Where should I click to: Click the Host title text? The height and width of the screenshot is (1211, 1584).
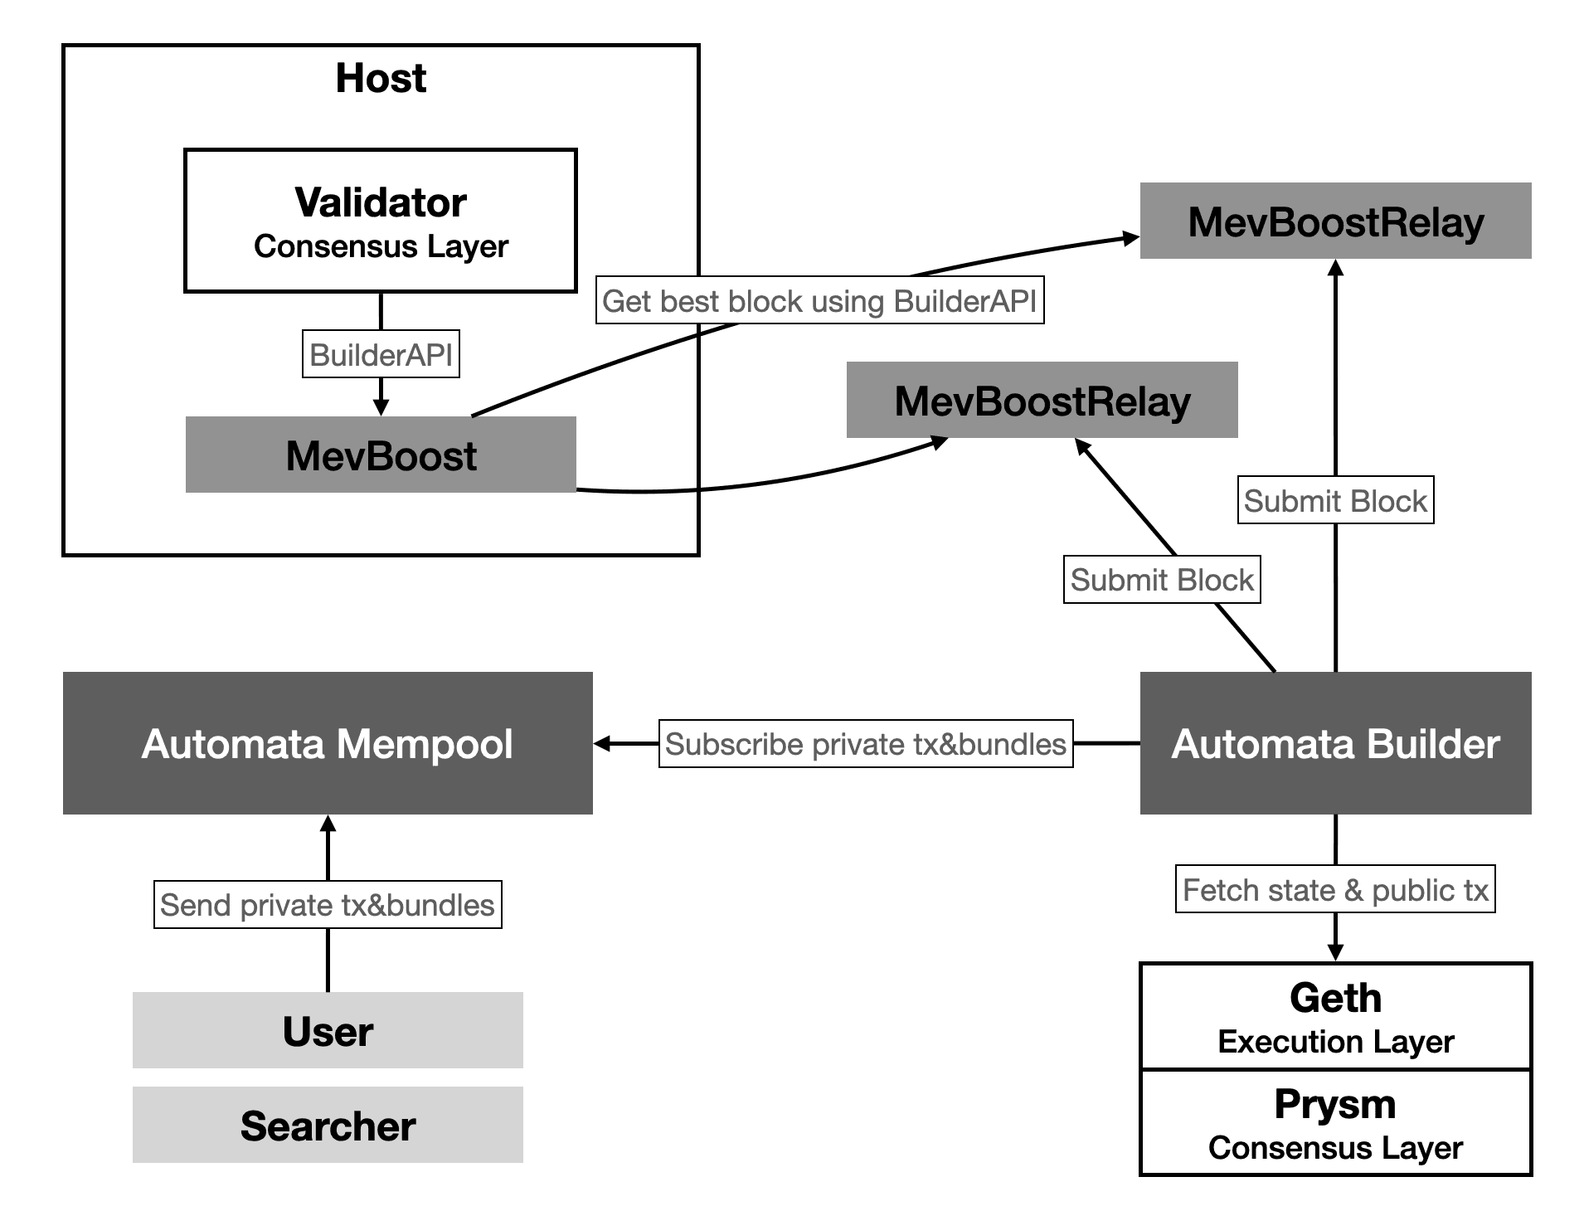[x=381, y=79]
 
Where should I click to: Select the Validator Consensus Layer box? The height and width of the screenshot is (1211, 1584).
[x=381, y=221]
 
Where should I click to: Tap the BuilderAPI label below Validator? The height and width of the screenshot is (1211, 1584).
[x=381, y=355]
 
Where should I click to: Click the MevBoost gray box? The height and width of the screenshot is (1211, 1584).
[x=381, y=455]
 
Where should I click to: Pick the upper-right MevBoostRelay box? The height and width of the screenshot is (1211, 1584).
[x=1335, y=221]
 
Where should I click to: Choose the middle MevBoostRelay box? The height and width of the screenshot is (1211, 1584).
[x=1042, y=401]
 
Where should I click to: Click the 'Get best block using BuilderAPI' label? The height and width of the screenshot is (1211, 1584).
[x=819, y=301]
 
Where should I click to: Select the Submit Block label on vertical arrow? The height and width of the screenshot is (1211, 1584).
[x=1335, y=500]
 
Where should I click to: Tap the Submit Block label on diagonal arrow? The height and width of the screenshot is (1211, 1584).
[x=1162, y=580]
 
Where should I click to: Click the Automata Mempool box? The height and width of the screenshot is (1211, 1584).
[x=328, y=743]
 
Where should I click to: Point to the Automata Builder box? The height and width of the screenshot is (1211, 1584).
[x=1335, y=743]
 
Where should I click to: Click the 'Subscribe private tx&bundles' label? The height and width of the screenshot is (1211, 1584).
[x=866, y=744]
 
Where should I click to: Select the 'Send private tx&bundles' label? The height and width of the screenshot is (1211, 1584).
[x=328, y=905]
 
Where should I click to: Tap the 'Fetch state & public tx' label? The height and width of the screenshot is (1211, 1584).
[x=1335, y=890]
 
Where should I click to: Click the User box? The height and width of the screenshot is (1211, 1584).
[x=328, y=1031]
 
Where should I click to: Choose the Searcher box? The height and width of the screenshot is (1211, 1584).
[x=328, y=1126]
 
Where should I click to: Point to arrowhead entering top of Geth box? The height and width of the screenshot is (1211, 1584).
[x=1335, y=952]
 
